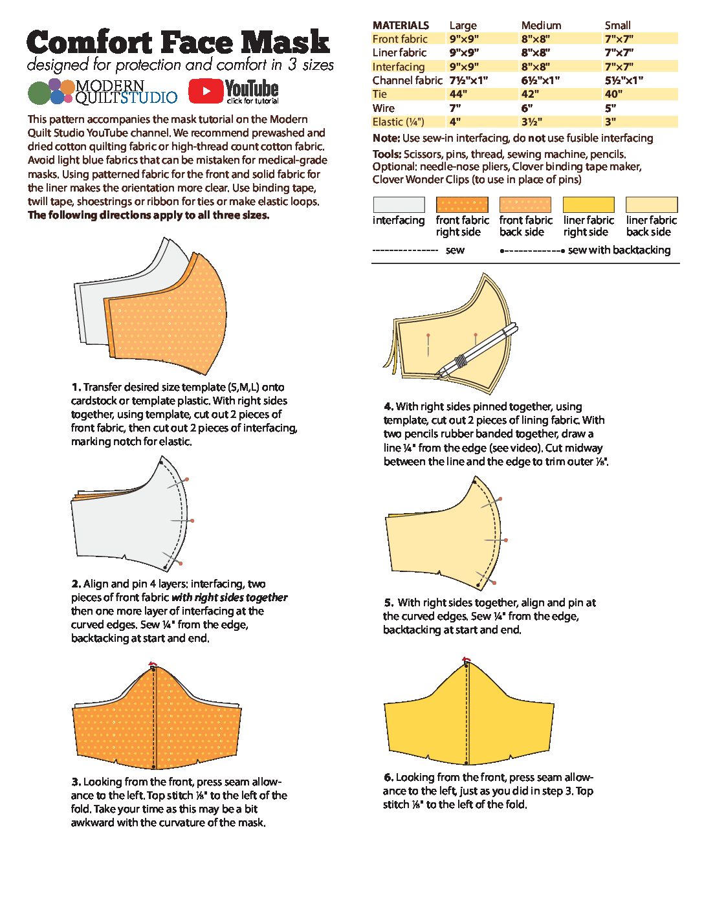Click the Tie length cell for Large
pos(458,94)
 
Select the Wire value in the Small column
pos(610,108)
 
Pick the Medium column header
pos(541,25)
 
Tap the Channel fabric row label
pos(407,80)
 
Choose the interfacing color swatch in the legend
pos(399,205)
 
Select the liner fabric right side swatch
pos(588,205)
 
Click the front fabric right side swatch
pos(461,205)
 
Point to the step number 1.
pos(76,387)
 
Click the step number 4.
pos(388,406)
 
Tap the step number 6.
pos(388,777)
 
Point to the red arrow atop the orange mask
pos(153,664)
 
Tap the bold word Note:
pos(386,138)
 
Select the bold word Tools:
pos(387,154)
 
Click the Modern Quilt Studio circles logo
pos(50,92)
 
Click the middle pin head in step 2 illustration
pos(192,520)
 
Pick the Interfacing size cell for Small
pos(619,67)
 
